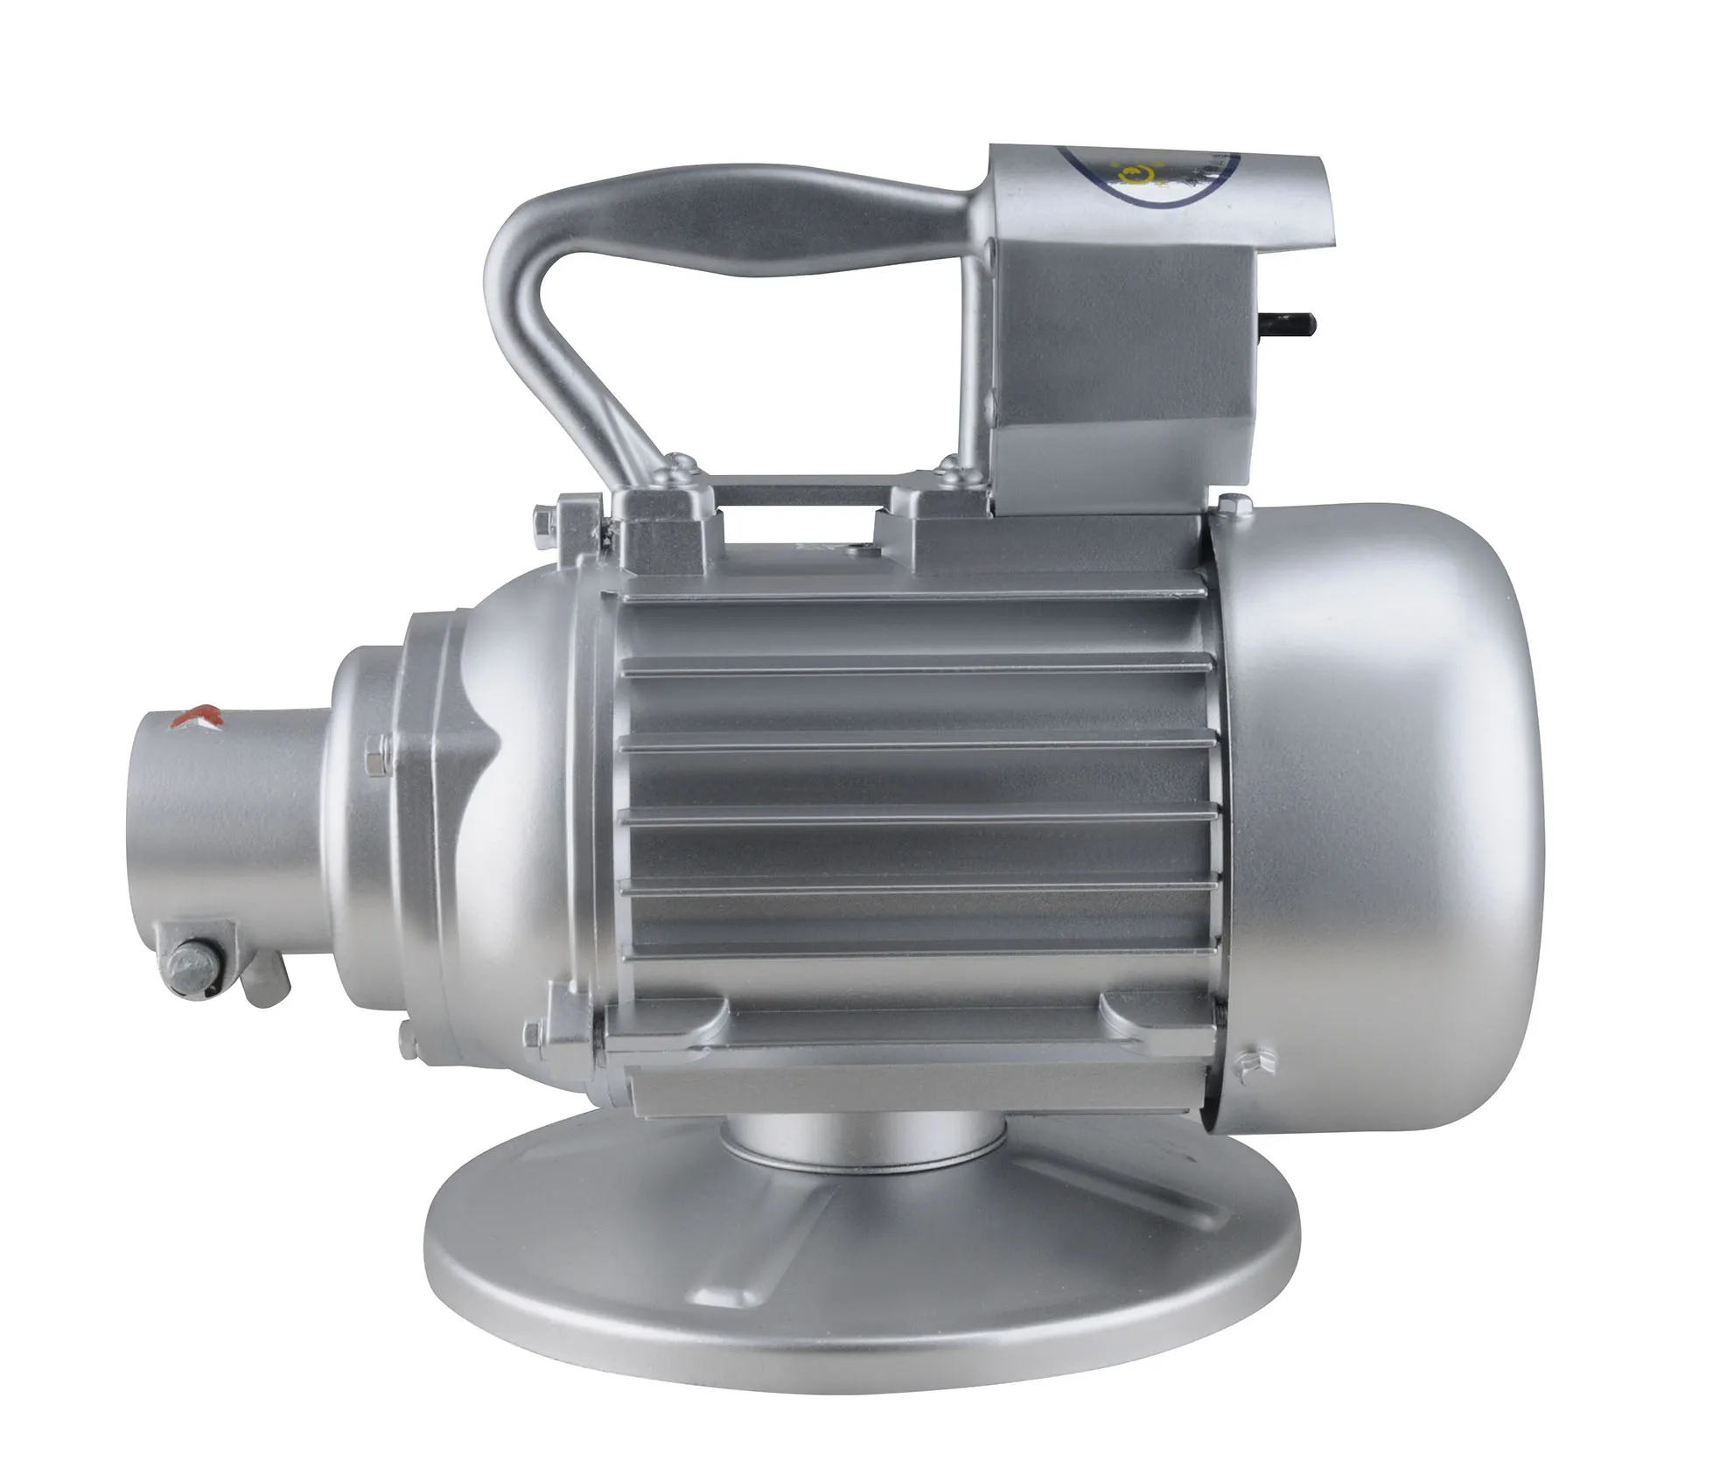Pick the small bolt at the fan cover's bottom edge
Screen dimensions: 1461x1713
click(1246, 1062)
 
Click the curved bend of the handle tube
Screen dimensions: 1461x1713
click(516, 262)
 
